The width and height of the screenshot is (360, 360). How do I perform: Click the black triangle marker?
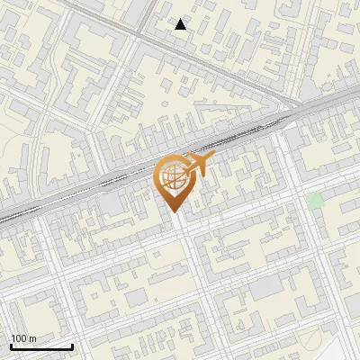pos(181,24)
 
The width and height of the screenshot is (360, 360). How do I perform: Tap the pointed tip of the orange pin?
pos(172,211)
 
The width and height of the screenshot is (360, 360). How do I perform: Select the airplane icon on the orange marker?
pos(197,165)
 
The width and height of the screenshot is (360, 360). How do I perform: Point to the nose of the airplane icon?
pos(213,158)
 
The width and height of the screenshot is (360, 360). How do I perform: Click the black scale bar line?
pos(40,347)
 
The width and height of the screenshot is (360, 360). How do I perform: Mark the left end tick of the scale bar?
pos(10,346)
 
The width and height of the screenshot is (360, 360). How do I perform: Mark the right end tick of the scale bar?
pos(72,346)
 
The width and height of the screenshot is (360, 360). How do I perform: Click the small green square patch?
pos(314,201)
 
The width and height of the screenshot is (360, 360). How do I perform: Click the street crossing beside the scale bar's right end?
pos(76,337)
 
